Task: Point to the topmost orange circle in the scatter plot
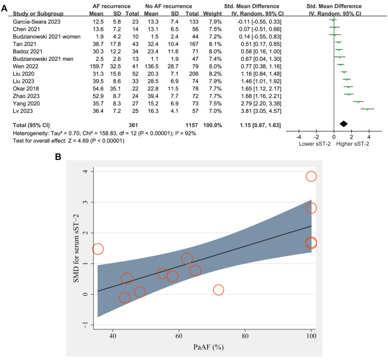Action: [311, 176]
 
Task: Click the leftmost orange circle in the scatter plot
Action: [98, 249]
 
